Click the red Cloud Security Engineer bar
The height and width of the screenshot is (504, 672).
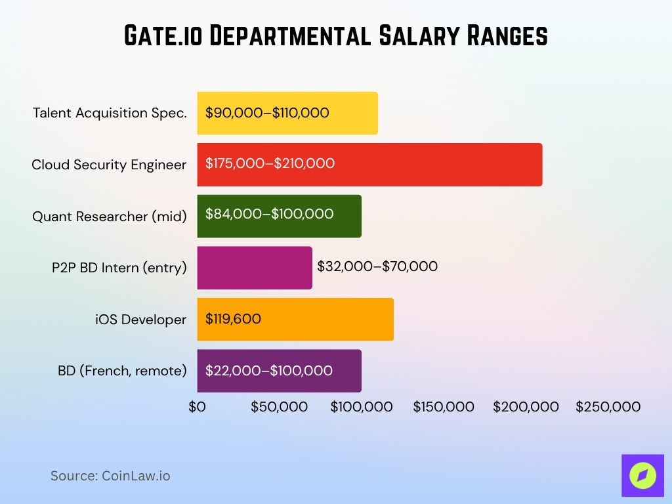(x=369, y=164)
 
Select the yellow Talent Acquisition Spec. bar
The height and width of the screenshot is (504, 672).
(x=287, y=113)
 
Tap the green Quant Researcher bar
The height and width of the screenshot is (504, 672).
(x=279, y=216)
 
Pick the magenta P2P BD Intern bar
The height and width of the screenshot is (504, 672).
(x=255, y=267)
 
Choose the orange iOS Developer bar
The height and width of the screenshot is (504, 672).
(x=295, y=320)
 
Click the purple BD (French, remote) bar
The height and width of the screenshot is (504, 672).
(x=279, y=371)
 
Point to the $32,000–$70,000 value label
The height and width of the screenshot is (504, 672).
(x=377, y=266)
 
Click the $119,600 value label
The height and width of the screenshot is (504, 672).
(x=233, y=320)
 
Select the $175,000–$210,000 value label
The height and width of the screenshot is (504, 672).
(x=270, y=163)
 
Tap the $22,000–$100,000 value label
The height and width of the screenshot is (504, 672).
(x=268, y=371)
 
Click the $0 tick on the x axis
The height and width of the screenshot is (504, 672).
(x=197, y=407)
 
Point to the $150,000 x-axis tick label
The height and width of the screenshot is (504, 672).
(x=444, y=407)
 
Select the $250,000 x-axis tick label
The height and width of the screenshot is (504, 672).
(x=608, y=407)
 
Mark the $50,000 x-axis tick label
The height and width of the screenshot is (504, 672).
(x=279, y=407)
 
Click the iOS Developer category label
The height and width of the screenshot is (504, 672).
(x=140, y=320)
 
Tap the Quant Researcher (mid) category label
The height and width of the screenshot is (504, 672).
(x=110, y=216)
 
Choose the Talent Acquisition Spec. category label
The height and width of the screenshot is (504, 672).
(x=110, y=113)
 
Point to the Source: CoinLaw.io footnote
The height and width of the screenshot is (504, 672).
(x=110, y=476)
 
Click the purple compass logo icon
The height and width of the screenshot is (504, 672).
(x=642, y=475)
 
